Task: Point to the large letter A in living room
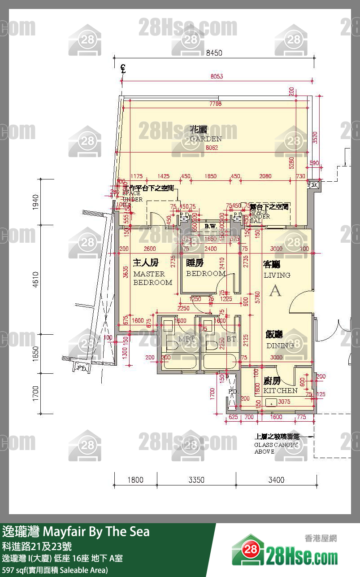[x=275, y=291]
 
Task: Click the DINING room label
[x=280, y=340]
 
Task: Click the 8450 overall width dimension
[x=214, y=53]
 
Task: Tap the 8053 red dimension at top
[x=217, y=76]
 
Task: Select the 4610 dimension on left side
[x=36, y=281]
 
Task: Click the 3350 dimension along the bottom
[x=196, y=480]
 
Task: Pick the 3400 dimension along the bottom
[x=276, y=480]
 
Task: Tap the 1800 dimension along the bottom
[x=135, y=480]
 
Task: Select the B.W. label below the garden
[x=211, y=227]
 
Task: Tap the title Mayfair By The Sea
[x=76, y=532]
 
